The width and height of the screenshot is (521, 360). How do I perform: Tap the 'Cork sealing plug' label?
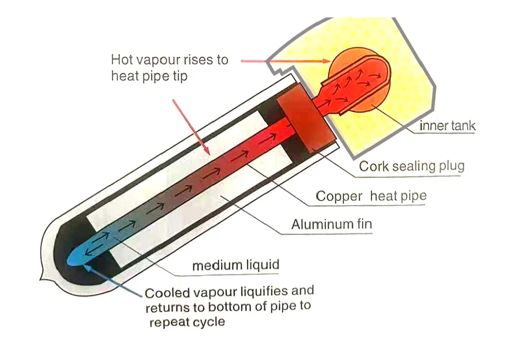point(411,166)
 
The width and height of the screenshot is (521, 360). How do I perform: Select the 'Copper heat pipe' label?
point(371,196)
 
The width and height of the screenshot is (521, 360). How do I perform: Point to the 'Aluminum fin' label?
point(331,224)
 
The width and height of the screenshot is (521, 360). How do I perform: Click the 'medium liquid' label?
point(235,265)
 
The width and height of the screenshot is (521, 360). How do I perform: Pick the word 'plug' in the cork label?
point(450,167)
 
